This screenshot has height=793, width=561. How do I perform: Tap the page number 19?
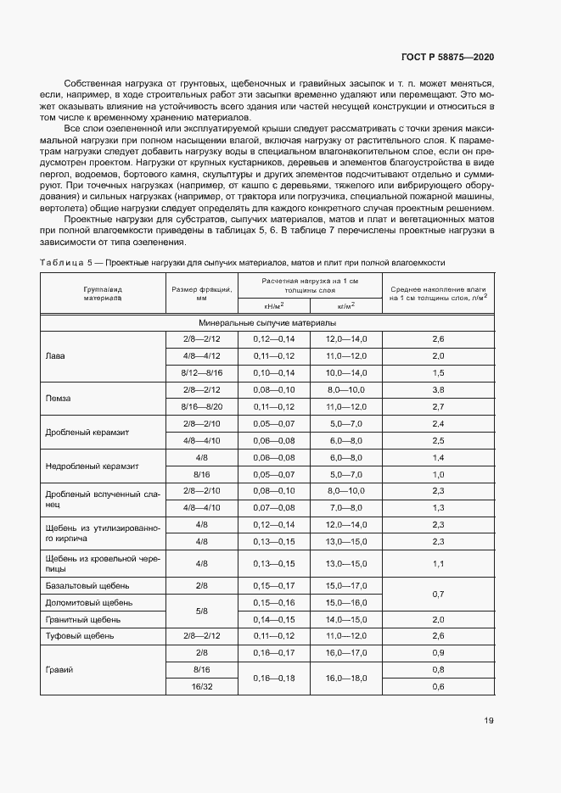point(488,721)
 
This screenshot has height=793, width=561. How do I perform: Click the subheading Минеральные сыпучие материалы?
point(267,323)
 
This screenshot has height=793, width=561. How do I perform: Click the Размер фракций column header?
point(201,293)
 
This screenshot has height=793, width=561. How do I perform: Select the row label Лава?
point(54,356)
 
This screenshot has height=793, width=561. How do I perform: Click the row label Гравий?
point(58,669)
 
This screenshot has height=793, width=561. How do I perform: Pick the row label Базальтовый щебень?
point(83,585)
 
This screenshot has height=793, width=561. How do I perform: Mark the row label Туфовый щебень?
point(79,635)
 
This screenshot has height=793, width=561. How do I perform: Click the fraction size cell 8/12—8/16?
point(201,372)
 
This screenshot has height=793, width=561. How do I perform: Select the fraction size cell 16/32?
point(201,685)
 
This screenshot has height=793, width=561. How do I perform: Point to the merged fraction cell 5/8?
point(201,610)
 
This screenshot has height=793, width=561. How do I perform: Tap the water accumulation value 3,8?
point(438,389)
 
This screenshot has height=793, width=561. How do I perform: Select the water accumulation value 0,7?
point(438,594)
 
